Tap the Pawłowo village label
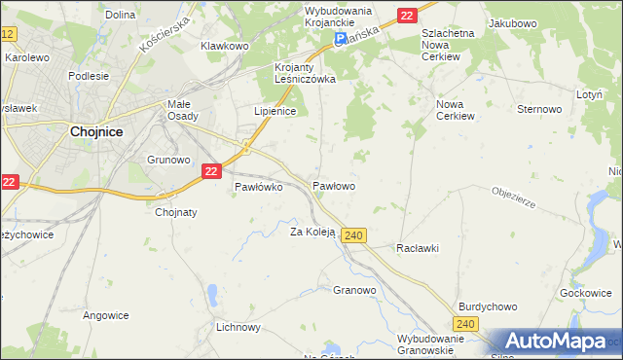click(333, 185)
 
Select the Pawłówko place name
click(258, 188)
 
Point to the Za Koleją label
click(312, 232)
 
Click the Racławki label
click(418, 248)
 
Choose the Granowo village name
click(354, 290)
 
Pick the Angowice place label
click(106, 314)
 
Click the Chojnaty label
click(176, 212)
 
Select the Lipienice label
click(275, 111)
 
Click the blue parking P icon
click(340, 40)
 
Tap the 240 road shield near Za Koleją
click(354, 235)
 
